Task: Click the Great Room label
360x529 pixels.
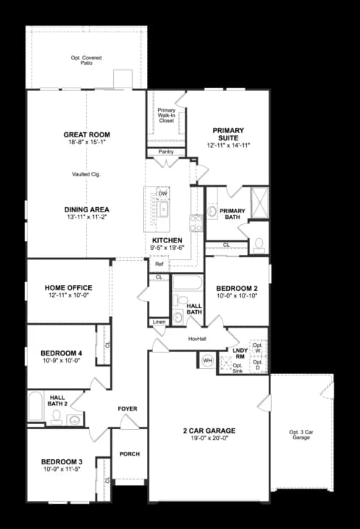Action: [x=87, y=135]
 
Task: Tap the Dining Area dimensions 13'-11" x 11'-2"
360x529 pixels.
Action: [x=87, y=218]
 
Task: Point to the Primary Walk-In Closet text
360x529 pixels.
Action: [x=167, y=115]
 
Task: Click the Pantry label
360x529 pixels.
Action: [x=166, y=152]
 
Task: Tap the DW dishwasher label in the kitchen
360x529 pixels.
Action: [x=163, y=194]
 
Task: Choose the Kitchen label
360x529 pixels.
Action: [x=167, y=240]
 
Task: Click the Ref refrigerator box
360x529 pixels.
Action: [x=159, y=264]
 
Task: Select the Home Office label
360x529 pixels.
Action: [x=68, y=287]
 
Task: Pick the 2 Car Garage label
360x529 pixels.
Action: [x=209, y=431]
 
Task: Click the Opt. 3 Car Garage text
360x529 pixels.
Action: [x=301, y=435]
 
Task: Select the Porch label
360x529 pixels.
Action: [x=129, y=454]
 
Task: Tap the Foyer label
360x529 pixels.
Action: [x=128, y=409]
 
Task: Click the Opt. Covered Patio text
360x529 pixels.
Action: [x=87, y=60]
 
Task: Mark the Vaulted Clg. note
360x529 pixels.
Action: [x=87, y=174]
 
